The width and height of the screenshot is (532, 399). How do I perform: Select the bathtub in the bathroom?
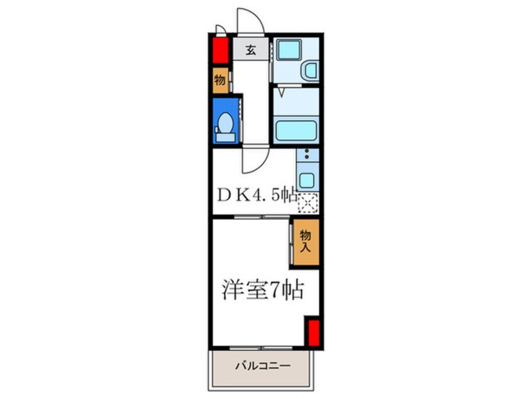[296, 130]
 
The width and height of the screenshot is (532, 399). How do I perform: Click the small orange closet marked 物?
[220, 81]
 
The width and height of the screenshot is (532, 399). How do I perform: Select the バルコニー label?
[263, 366]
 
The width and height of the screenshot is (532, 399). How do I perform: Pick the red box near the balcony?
[313, 332]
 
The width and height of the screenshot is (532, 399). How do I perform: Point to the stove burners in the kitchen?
[306, 156]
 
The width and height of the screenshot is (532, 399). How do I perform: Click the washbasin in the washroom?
[310, 71]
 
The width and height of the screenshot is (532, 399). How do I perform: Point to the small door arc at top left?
[220, 28]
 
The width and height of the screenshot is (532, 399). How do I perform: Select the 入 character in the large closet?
[306, 247]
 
